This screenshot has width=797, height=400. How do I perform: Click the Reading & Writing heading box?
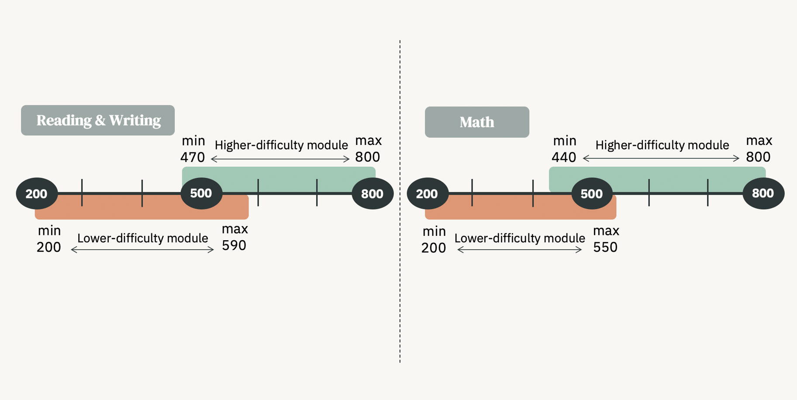[x=98, y=120]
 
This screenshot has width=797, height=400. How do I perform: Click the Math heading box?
[x=477, y=122]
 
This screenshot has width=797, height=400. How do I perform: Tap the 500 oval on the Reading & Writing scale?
[x=201, y=193]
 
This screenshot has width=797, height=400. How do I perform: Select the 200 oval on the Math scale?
[x=427, y=193]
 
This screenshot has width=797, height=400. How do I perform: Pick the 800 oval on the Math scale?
[x=763, y=193]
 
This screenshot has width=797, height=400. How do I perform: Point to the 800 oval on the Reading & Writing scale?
[x=372, y=193]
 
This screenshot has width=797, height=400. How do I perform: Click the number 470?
[x=193, y=157]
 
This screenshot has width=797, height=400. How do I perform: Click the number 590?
[x=234, y=245]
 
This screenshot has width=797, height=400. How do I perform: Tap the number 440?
[x=564, y=157]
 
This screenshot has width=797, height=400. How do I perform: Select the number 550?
[x=605, y=247]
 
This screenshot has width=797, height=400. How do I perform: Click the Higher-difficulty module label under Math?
[x=662, y=145]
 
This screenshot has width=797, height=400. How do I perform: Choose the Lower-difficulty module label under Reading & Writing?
[x=142, y=238]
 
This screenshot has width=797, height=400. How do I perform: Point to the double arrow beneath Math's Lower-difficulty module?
[x=519, y=250]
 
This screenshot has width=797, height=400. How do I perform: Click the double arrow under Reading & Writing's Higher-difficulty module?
[x=280, y=159]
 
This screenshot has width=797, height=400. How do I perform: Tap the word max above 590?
[x=235, y=229]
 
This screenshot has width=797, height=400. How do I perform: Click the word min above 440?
[x=565, y=141]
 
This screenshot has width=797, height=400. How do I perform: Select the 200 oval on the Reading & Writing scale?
[x=37, y=193]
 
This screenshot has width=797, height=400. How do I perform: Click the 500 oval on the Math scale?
[x=592, y=193]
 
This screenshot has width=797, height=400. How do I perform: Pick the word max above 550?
[x=606, y=231]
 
